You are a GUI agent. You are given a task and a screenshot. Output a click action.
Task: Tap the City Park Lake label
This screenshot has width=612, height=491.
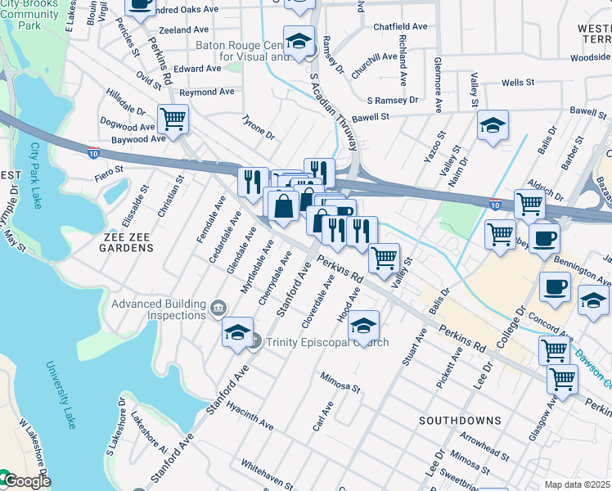(35, 176)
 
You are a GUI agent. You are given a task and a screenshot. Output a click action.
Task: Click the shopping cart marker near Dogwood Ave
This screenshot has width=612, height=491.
(173, 119)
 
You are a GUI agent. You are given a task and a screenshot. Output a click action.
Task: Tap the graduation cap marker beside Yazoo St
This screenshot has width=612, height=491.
(493, 126)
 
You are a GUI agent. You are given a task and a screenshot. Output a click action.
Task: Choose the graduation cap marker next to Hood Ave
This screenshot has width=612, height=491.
(363, 326)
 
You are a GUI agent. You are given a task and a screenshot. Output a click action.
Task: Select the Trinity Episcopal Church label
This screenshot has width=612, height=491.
(325, 342)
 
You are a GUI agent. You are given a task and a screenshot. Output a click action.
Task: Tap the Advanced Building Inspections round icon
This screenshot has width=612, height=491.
(218, 309)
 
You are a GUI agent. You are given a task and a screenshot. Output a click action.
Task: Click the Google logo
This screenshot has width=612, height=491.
(26, 481)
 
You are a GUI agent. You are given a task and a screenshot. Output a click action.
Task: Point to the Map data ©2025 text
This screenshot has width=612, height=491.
(578, 484)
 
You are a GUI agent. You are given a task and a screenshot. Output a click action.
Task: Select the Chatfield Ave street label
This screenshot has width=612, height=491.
(400, 27)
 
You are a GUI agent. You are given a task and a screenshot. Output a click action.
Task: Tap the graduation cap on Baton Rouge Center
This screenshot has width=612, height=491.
(300, 40)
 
